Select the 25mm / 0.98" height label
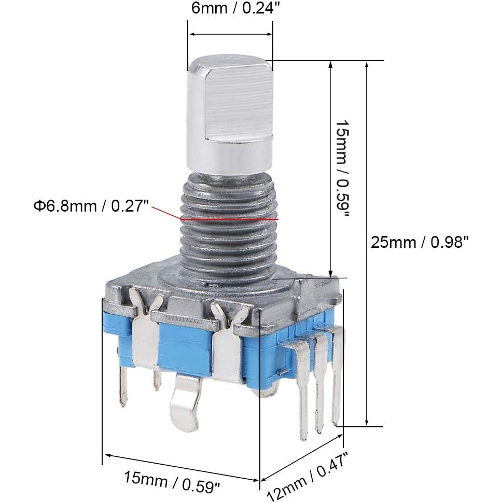click(420, 242)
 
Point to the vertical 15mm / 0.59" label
click(343, 169)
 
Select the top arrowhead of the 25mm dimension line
click(367, 65)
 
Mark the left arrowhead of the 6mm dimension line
click(191, 34)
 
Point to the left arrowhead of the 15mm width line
click(107, 455)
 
